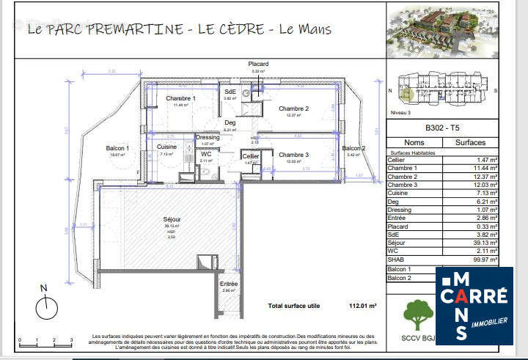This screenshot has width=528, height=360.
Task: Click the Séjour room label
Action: tap(172, 219)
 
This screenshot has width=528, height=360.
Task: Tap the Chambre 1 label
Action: tap(180, 98)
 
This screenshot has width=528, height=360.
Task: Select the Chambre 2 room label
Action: tap(293, 109)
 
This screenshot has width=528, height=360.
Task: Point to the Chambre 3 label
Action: tap(293, 155)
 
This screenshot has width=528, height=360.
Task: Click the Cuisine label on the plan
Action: tap(166, 147)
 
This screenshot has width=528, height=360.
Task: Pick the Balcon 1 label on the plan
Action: tap(117, 148)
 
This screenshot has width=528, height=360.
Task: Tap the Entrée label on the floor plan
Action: tap(229, 284)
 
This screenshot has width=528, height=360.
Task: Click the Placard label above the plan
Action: tap(257, 65)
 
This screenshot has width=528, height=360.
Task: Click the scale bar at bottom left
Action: tap(45, 339)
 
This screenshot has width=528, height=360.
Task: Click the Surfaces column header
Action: tap(471, 143)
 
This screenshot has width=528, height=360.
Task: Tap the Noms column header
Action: tap(414, 143)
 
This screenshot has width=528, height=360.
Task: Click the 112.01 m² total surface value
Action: tap(362, 305)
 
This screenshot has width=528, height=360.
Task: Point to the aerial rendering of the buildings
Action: tap(442, 30)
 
